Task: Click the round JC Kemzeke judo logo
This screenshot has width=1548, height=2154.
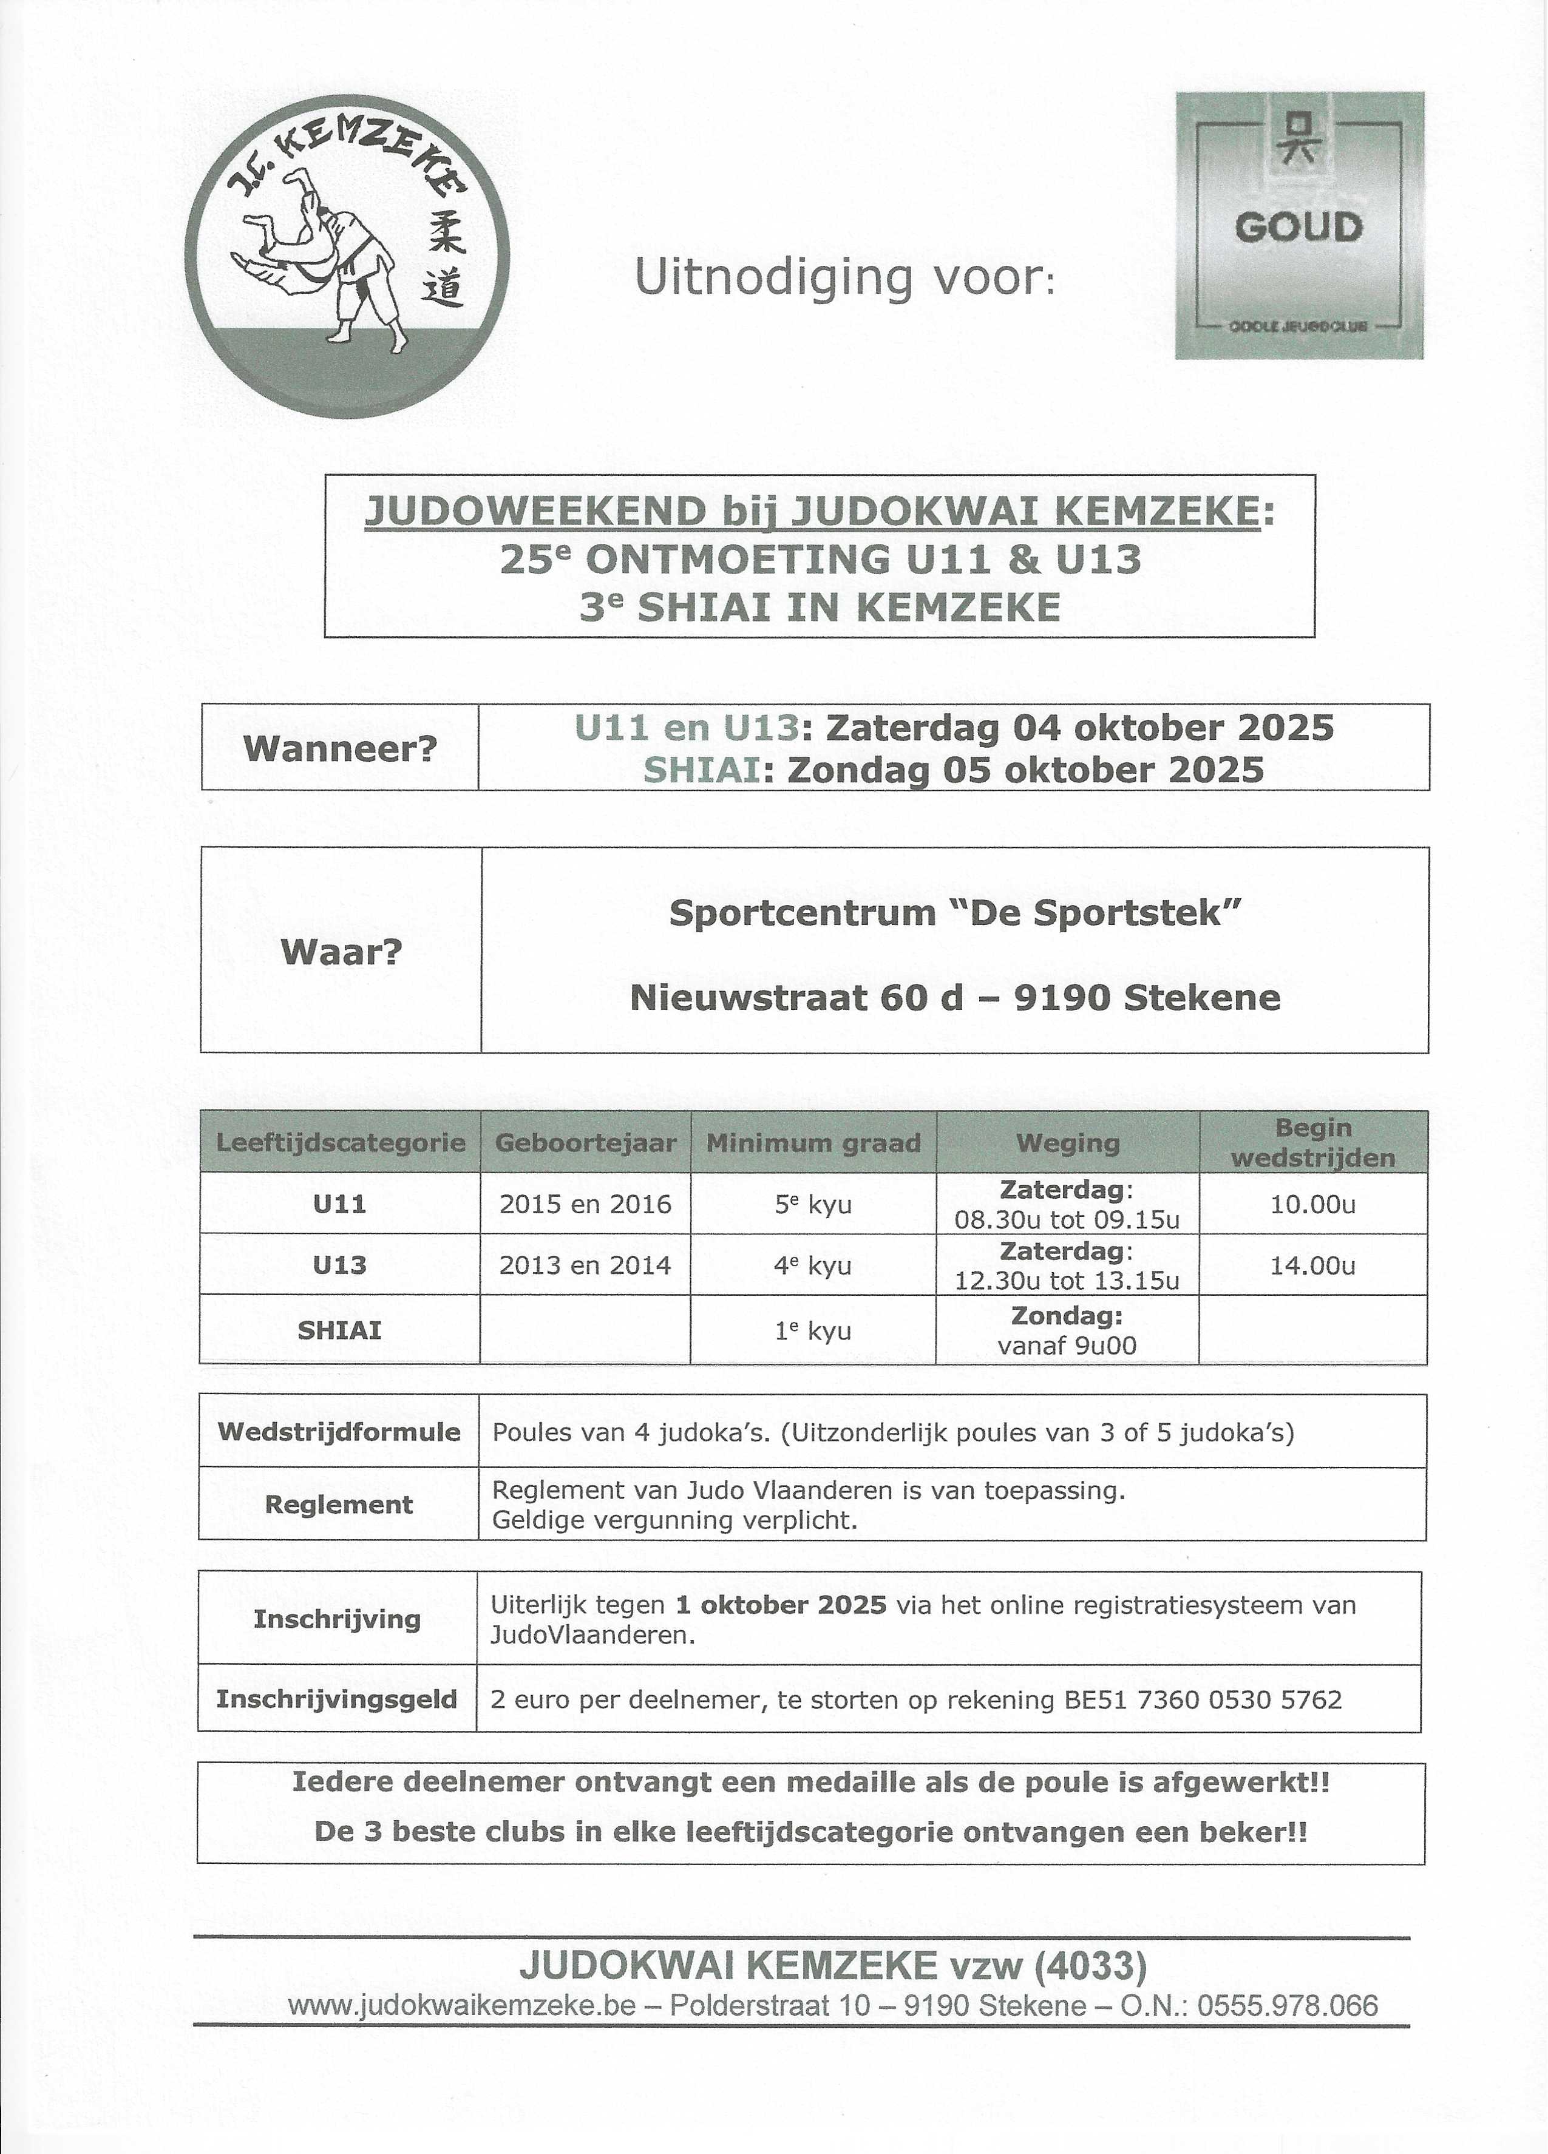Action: pos(347,256)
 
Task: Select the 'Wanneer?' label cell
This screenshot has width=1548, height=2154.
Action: pos(340,748)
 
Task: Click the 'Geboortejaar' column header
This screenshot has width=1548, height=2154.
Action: pos(585,1142)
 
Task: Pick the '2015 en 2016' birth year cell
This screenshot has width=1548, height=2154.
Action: pos(585,1204)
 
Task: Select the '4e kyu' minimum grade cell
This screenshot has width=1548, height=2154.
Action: pos(813,1265)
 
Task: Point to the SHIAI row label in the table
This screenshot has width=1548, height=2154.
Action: pos(339,1330)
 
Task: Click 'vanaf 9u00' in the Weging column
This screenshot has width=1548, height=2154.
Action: pos(1067,1345)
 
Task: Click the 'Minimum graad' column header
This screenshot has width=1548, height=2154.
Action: pos(813,1142)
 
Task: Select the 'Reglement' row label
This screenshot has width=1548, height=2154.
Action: pos(339,1505)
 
